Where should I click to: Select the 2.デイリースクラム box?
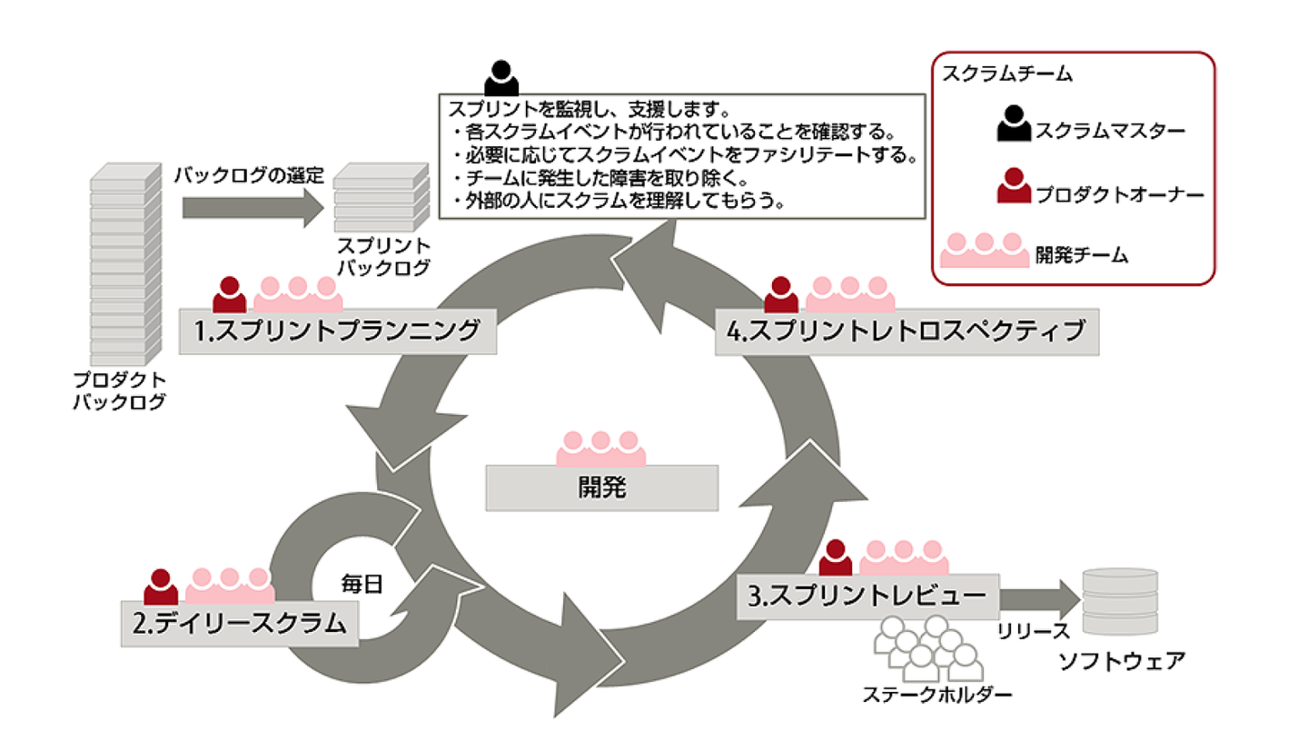238,624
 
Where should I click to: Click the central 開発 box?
602,488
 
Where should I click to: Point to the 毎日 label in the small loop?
363,582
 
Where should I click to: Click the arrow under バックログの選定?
253,208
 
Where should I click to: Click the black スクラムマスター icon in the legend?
1014,124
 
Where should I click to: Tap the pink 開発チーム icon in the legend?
983,251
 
